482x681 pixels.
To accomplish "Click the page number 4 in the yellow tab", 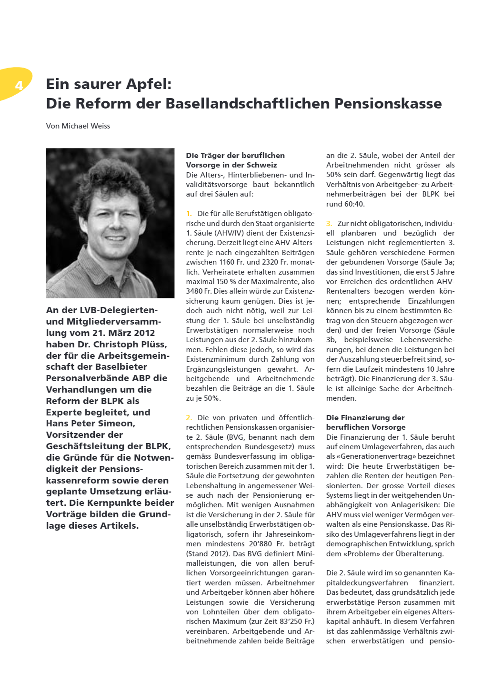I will (19, 86).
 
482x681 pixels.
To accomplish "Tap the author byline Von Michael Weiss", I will (78, 126).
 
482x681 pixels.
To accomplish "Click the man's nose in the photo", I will (115, 223).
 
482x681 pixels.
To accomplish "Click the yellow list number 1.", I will (189, 214).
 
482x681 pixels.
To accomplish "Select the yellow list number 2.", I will (189, 418).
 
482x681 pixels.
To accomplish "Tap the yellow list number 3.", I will (329, 224).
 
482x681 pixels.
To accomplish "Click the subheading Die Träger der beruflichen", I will (235, 156).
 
